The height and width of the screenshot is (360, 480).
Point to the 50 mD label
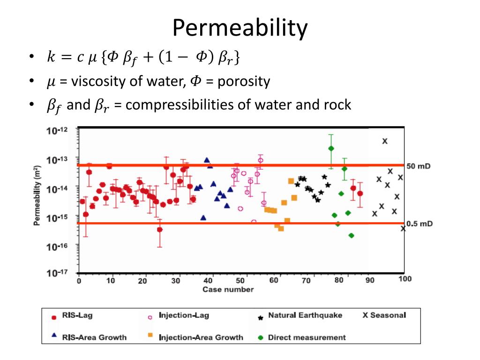[x=418, y=166]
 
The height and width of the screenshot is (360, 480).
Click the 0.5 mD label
[x=419, y=224]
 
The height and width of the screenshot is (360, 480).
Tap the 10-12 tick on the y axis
[x=57, y=131]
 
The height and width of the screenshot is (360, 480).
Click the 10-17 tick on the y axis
[x=57, y=273]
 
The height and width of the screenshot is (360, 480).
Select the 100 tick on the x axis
[x=405, y=279]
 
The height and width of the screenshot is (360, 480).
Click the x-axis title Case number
[x=228, y=289]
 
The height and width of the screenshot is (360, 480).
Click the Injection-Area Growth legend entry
[x=201, y=337]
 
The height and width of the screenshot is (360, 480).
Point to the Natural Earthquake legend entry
[x=305, y=315]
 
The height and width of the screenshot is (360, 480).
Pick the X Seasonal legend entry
[x=384, y=315]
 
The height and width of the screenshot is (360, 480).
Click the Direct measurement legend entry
[x=307, y=337]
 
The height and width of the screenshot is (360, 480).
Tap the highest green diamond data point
[x=331, y=148]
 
